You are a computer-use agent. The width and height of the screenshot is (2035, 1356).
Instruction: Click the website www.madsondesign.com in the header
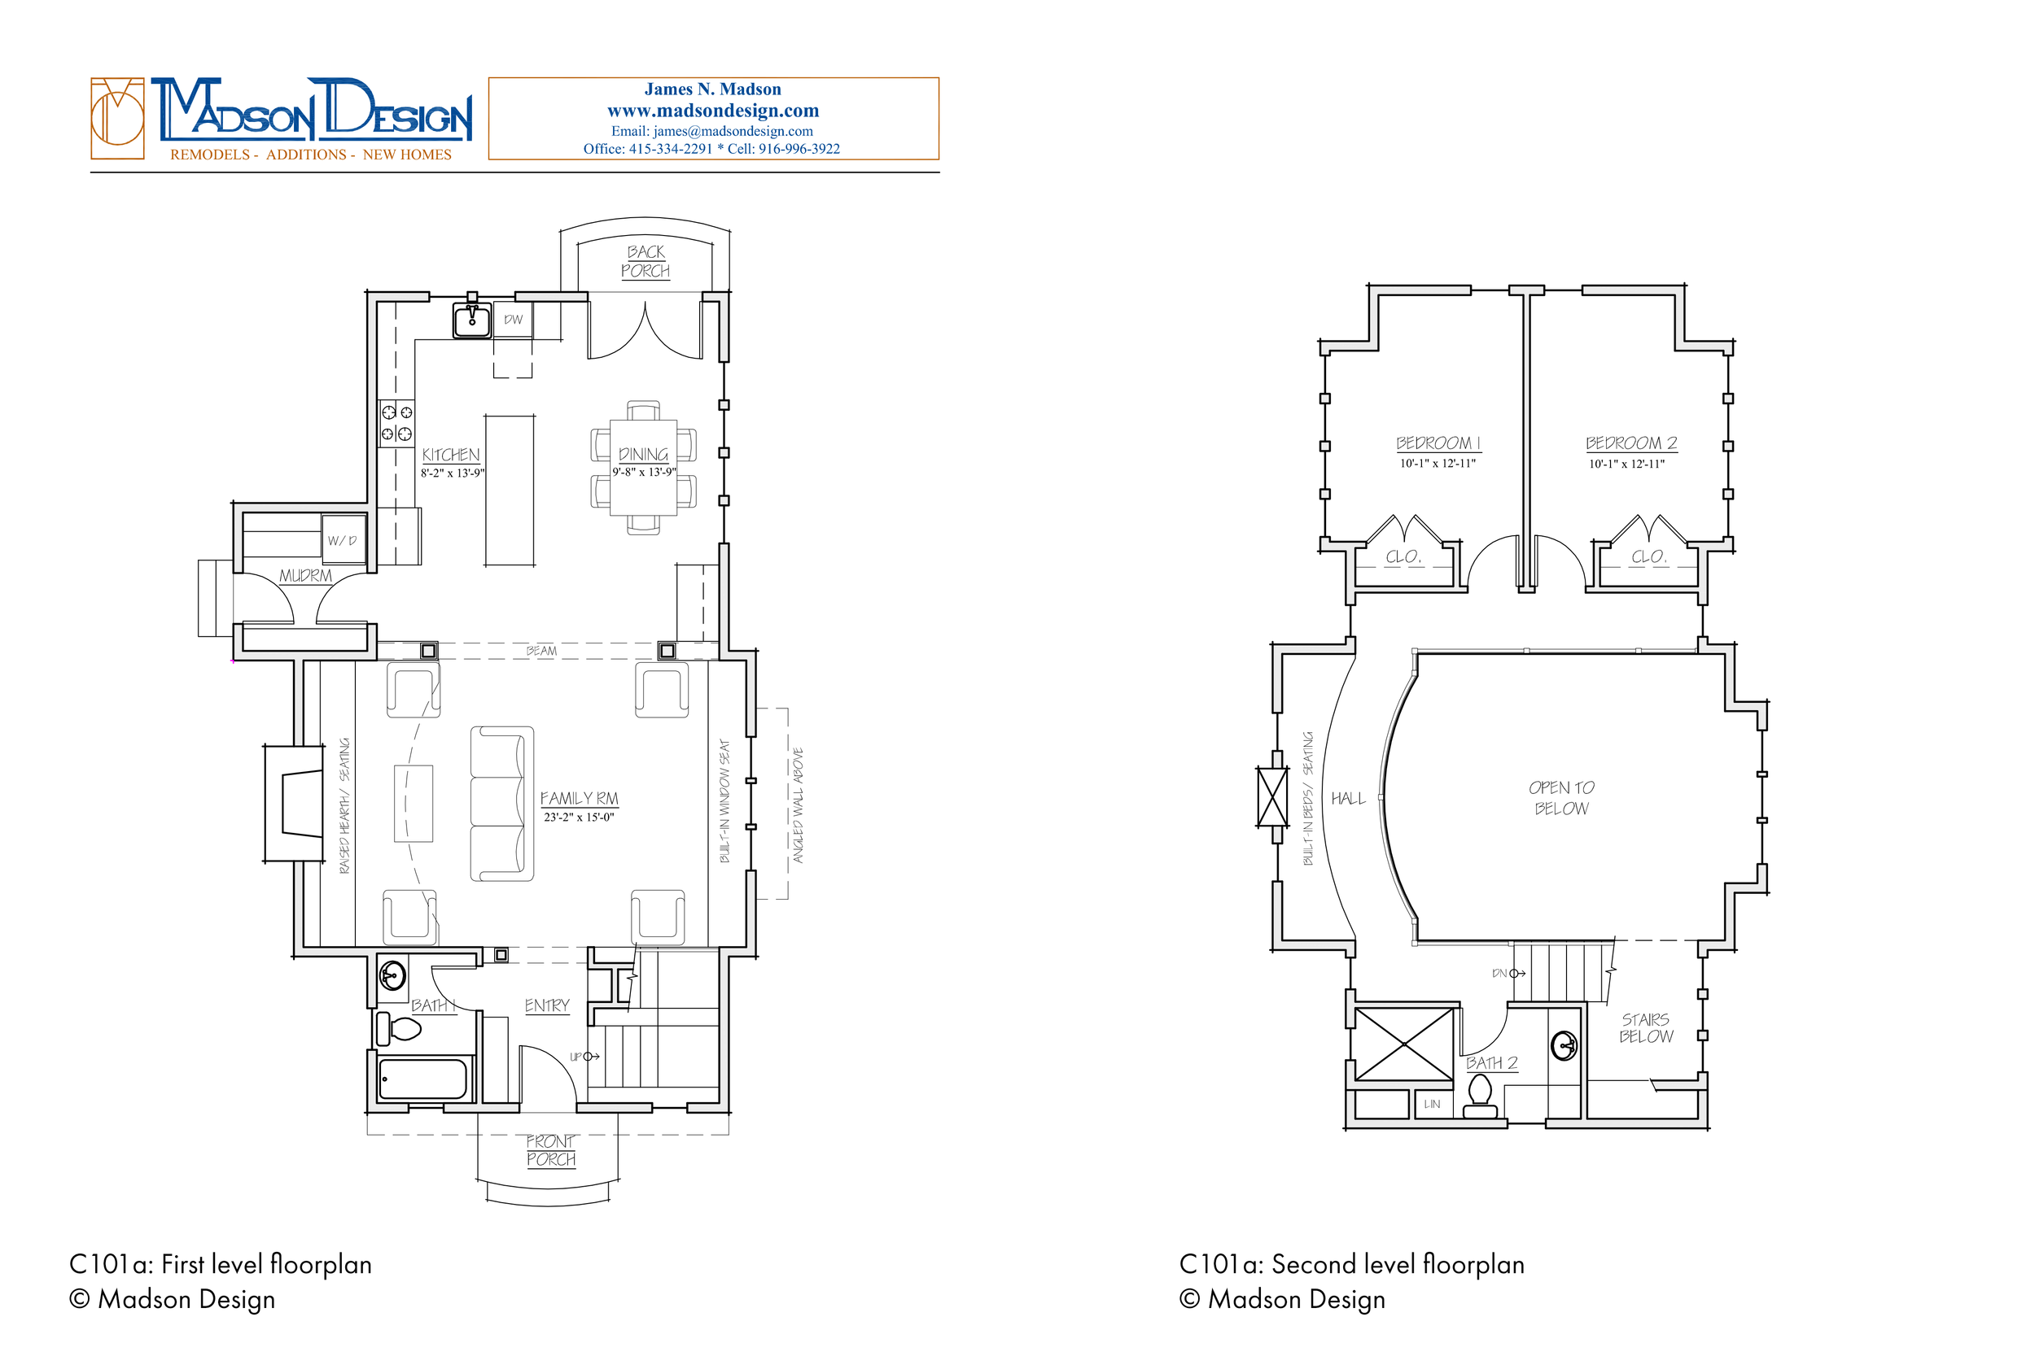pyautogui.click(x=713, y=111)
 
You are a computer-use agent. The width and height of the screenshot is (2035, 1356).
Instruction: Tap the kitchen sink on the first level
pyautogui.click(x=472, y=319)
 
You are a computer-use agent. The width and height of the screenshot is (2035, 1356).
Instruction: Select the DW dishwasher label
pyautogui.click(x=514, y=319)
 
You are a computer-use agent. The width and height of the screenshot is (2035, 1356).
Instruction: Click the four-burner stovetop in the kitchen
pyautogui.click(x=396, y=424)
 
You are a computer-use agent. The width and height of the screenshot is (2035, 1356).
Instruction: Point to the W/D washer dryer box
pyautogui.click(x=343, y=539)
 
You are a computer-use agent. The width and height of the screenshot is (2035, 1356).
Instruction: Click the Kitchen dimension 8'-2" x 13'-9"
pyautogui.click(x=453, y=473)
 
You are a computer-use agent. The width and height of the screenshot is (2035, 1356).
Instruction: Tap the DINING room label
pyautogui.click(x=644, y=454)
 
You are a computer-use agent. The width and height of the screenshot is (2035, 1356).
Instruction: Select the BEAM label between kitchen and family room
pyautogui.click(x=541, y=650)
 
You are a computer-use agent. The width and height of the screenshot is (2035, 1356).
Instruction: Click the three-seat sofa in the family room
pyautogui.click(x=501, y=804)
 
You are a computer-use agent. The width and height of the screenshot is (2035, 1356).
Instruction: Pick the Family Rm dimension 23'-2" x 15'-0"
pyautogui.click(x=579, y=818)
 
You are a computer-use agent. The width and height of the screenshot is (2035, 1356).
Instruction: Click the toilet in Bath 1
pyautogui.click(x=399, y=1029)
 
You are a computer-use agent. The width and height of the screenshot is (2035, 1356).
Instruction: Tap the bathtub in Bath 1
pyautogui.click(x=424, y=1079)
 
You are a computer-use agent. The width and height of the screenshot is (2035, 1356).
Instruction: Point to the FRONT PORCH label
pyautogui.click(x=551, y=1150)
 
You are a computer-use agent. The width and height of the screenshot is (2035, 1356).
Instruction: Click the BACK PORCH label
pyautogui.click(x=646, y=261)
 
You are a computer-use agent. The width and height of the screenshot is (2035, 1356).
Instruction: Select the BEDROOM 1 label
pyautogui.click(x=1438, y=443)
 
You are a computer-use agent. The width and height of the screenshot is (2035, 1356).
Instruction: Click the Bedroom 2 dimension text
pyautogui.click(x=1626, y=464)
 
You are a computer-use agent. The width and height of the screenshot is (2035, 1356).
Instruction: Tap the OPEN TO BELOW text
pyautogui.click(x=1561, y=797)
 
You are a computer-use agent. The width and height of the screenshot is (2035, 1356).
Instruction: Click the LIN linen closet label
pyautogui.click(x=1432, y=1104)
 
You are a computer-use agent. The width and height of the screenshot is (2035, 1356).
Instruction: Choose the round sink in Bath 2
pyautogui.click(x=1565, y=1045)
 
